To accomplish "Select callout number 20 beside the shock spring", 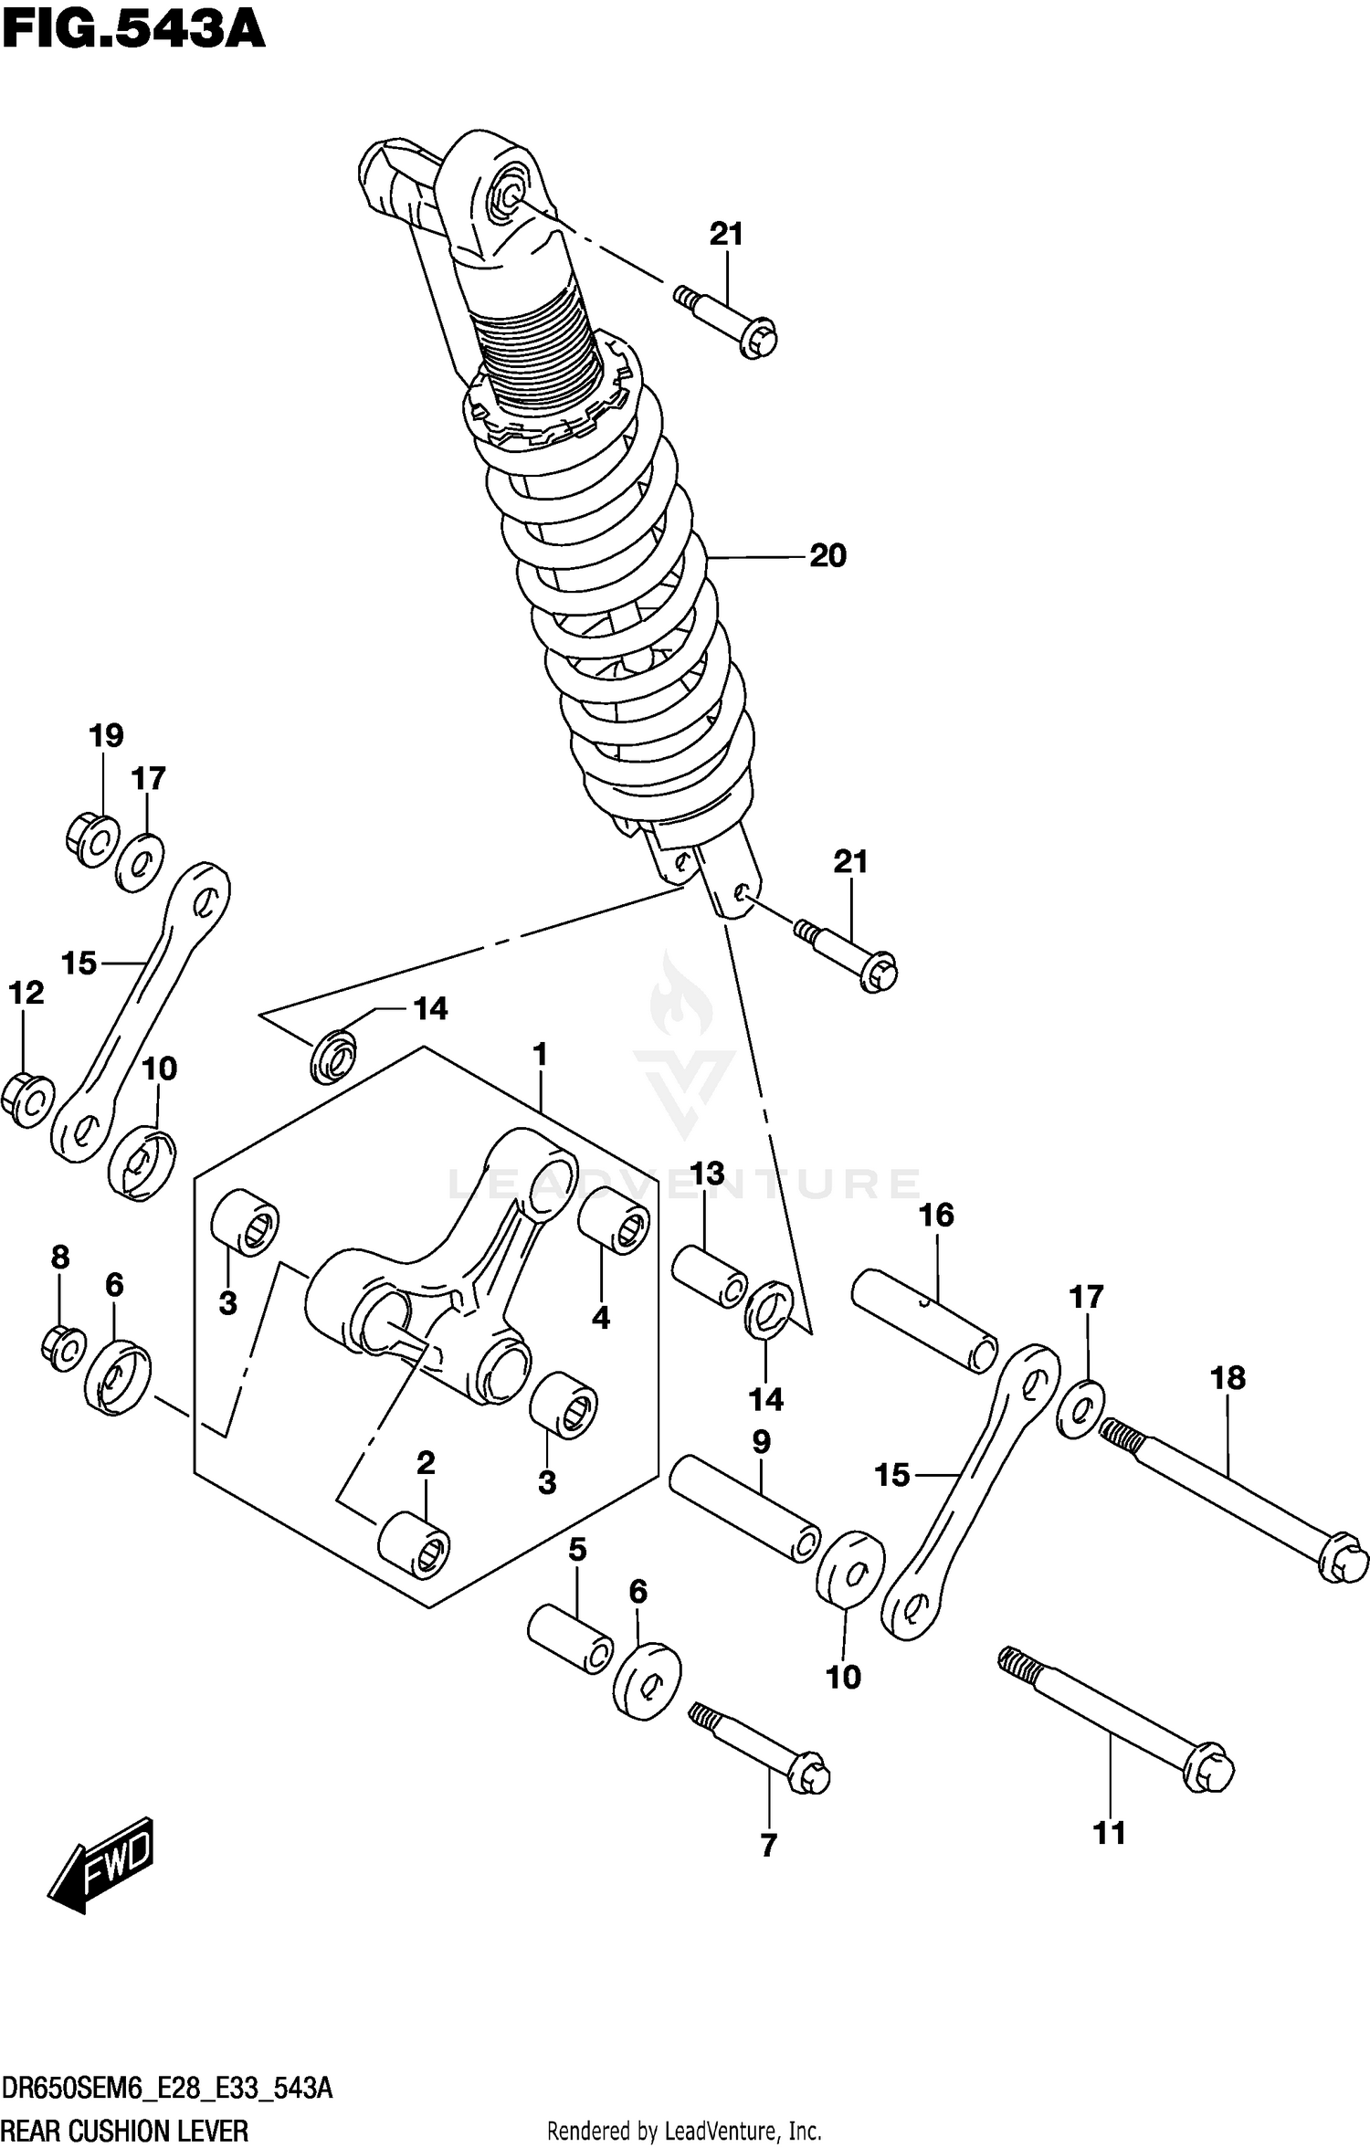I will point(827,555).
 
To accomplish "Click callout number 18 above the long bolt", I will point(1228,1378).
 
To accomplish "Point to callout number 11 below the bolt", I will point(1110,1832).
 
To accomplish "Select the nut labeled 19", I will point(92,837).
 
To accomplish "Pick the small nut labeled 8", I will point(63,1348).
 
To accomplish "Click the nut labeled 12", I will point(27,1100).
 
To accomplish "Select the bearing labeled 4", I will point(615,1220).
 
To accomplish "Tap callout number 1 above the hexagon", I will point(540,1055).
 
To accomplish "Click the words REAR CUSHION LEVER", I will point(125,2131).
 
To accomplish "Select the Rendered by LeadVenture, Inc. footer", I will point(684,2132).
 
